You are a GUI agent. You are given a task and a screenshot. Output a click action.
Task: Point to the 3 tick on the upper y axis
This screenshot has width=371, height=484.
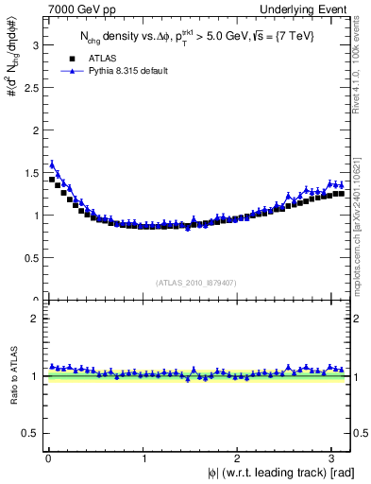click(x=35, y=43)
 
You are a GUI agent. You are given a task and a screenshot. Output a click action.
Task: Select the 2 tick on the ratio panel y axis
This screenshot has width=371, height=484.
click(x=35, y=319)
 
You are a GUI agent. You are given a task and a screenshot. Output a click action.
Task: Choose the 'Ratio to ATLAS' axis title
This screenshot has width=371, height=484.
click(x=12, y=377)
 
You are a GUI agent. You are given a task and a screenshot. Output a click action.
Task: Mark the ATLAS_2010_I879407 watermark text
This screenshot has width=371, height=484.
click(x=197, y=282)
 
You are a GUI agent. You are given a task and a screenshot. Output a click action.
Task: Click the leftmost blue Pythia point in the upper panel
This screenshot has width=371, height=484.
click(x=52, y=164)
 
